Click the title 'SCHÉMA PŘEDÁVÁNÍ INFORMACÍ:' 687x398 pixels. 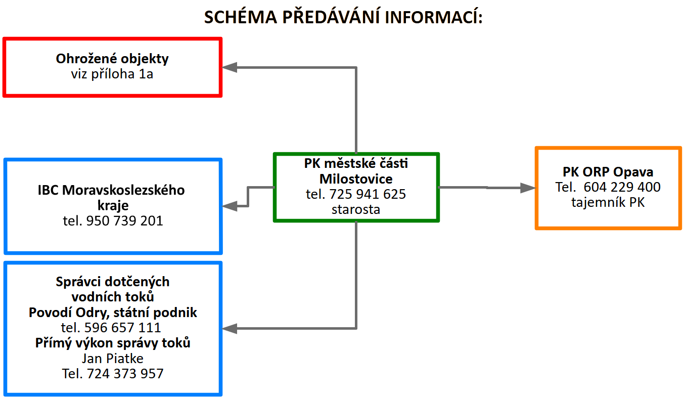(x=343, y=17)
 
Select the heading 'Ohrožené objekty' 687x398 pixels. (x=112, y=59)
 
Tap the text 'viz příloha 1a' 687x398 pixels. (x=112, y=74)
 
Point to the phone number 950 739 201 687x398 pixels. (x=124, y=220)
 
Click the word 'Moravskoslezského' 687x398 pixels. (x=123, y=190)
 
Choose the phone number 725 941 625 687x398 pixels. (x=368, y=194)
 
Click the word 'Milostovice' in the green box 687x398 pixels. (x=356, y=179)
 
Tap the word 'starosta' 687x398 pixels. (x=356, y=209)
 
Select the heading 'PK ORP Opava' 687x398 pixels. (x=608, y=172)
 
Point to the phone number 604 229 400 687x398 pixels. (x=622, y=187)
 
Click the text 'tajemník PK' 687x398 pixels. (x=608, y=202)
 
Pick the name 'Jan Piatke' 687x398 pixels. (x=113, y=359)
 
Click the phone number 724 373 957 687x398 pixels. (x=125, y=374)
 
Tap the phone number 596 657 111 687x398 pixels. (x=123, y=328)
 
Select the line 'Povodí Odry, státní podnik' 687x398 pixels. (x=113, y=313)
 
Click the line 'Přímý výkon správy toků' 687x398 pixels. (x=113, y=343)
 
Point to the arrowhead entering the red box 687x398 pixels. (x=230, y=67)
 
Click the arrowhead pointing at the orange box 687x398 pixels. (x=528, y=188)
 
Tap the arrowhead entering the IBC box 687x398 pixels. (x=230, y=206)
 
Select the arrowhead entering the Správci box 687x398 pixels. (x=230, y=328)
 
